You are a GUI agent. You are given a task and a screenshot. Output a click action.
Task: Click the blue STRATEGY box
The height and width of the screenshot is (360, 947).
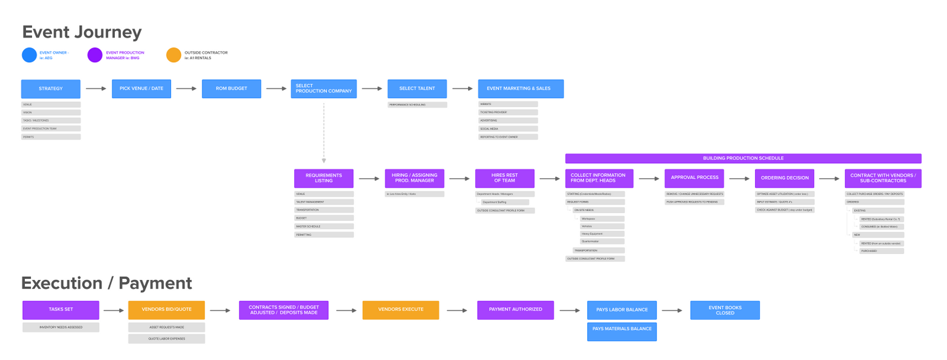click(x=50, y=89)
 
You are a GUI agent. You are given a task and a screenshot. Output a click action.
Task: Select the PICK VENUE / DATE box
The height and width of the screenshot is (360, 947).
click(x=141, y=89)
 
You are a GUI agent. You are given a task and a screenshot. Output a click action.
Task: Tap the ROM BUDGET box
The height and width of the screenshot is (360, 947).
click(x=231, y=89)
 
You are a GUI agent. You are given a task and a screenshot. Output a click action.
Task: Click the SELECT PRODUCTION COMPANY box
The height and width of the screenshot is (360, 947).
click(x=323, y=89)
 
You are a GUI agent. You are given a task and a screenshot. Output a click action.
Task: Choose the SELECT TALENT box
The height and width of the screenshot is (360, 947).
click(x=417, y=89)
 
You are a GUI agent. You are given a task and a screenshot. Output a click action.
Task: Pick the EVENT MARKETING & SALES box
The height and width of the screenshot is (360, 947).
click(x=520, y=89)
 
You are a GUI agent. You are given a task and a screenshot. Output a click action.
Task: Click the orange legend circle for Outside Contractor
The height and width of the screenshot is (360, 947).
click(x=173, y=55)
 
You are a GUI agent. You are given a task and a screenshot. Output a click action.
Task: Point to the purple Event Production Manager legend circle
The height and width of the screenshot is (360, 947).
click(x=95, y=55)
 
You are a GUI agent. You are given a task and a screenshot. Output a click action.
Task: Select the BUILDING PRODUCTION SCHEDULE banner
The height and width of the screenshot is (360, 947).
click(x=743, y=158)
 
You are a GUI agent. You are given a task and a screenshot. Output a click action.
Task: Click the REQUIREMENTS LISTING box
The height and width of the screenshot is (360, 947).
click(x=324, y=178)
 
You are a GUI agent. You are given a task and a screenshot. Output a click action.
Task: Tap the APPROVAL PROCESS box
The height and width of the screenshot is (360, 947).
click(x=694, y=178)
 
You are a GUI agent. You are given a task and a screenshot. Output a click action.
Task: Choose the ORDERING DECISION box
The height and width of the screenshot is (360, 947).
click(x=784, y=178)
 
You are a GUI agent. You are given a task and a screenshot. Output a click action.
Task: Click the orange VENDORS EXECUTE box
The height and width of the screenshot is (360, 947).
click(x=401, y=310)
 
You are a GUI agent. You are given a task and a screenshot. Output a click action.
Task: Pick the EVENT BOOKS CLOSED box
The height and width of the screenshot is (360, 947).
click(x=724, y=310)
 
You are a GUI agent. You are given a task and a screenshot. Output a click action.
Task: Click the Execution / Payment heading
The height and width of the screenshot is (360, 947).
click(x=107, y=283)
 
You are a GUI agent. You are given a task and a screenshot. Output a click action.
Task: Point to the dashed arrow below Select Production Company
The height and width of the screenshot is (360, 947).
click(x=324, y=133)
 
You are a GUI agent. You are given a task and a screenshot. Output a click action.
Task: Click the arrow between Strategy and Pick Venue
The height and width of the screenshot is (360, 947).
click(x=96, y=89)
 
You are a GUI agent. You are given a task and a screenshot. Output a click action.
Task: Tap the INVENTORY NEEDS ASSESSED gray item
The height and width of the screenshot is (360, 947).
click(x=61, y=327)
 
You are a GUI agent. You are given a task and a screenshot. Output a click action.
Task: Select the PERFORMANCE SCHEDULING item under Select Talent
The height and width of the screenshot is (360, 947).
click(x=417, y=105)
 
